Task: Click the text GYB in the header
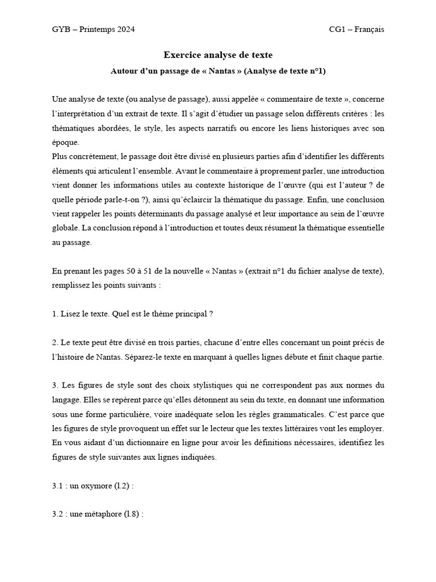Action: (60, 30)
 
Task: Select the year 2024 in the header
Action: (124, 30)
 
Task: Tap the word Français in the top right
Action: (370, 30)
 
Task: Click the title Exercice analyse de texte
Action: (218, 55)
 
